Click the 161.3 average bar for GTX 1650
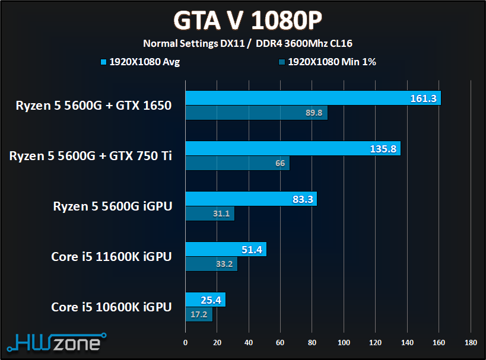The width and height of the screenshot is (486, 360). (313, 98)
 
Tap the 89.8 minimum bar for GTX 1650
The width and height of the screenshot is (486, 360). (256, 113)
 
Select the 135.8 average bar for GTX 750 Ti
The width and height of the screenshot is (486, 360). (293, 149)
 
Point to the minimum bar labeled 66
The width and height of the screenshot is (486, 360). (237, 163)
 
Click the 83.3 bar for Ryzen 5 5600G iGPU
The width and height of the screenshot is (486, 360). (251, 199)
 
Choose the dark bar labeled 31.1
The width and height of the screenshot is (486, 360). (209, 214)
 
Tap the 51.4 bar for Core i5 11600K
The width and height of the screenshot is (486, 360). (225, 250)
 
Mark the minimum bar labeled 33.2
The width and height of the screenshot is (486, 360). (211, 264)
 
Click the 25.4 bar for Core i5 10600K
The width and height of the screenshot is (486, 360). (205, 300)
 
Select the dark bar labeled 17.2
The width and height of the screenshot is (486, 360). (199, 314)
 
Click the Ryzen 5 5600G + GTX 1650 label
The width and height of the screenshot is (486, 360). (94, 106)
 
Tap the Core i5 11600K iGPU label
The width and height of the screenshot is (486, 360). (112, 257)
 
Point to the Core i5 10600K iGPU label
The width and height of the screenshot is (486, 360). (112, 307)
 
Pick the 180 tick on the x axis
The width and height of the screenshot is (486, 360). (471, 342)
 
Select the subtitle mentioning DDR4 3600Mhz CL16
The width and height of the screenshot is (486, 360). (247, 43)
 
